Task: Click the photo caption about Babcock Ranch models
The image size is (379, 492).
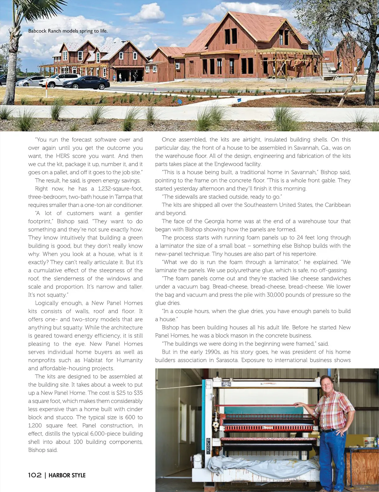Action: [68, 31]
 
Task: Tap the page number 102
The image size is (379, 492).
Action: [34, 475]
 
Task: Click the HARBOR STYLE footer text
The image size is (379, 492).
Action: [67, 475]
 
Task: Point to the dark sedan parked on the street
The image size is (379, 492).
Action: [86, 83]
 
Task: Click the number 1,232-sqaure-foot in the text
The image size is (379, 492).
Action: [120, 189]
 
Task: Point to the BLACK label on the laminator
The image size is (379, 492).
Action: [208, 446]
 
